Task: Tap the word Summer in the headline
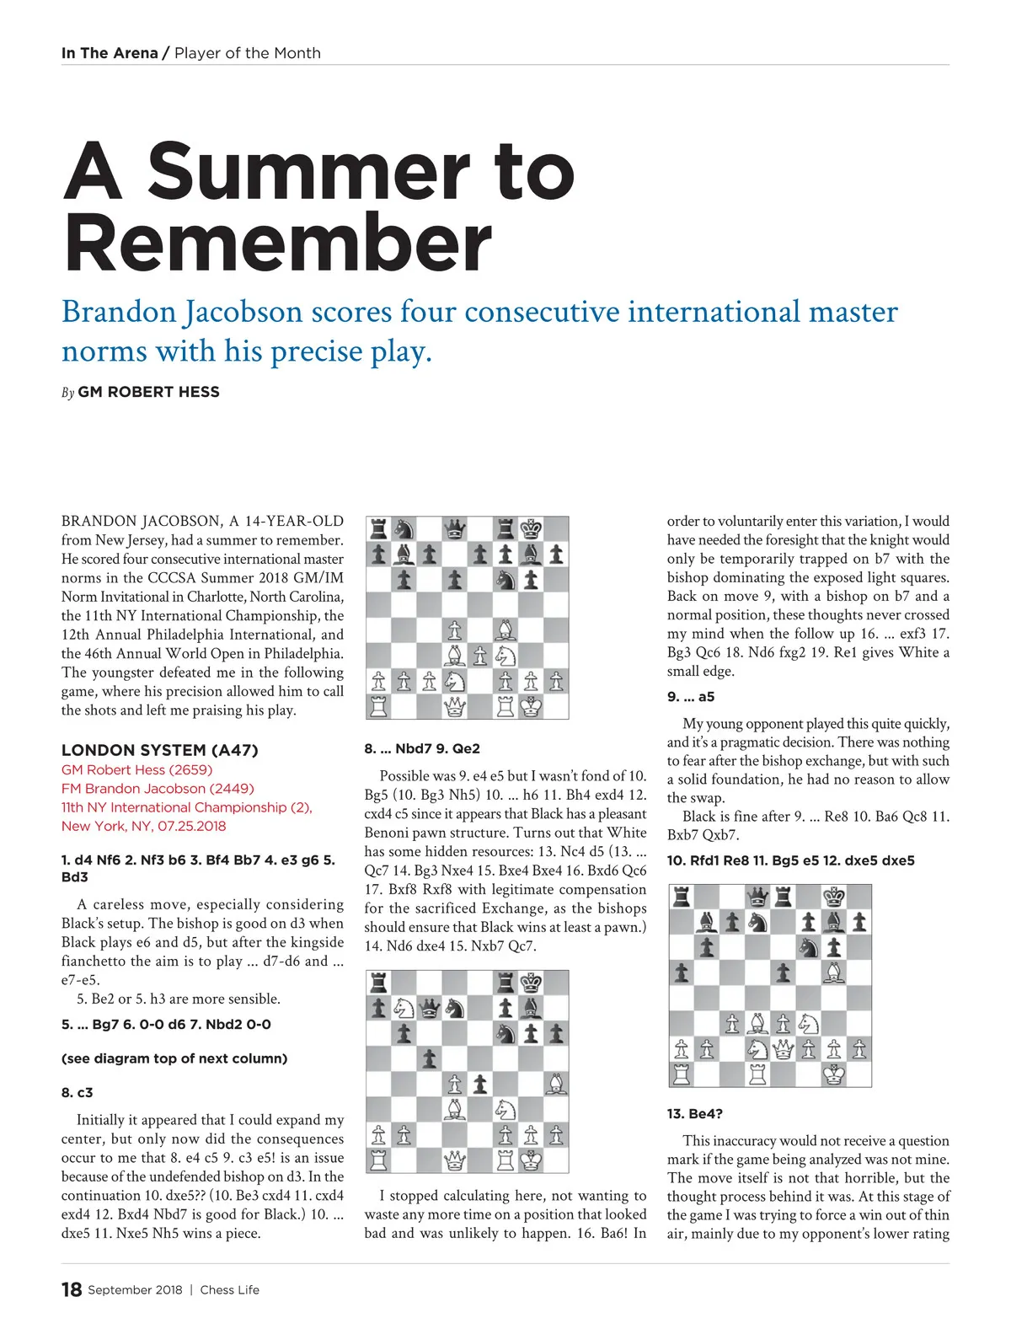pyautogui.click(x=308, y=171)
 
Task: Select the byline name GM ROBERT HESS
pyautogui.click(x=148, y=392)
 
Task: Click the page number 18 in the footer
pyautogui.click(x=72, y=1289)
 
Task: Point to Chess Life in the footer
pyautogui.click(x=229, y=1290)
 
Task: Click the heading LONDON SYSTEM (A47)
pyautogui.click(x=159, y=750)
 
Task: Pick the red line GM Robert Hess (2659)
pyautogui.click(x=136, y=769)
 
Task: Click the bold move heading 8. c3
pyautogui.click(x=78, y=1092)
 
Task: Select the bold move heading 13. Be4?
pyautogui.click(x=694, y=1113)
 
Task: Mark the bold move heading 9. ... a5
pyautogui.click(x=691, y=697)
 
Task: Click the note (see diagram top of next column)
pyautogui.click(x=174, y=1058)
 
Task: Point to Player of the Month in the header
pyautogui.click(x=248, y=53)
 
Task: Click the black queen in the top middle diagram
pyautogui.click(x=455, y=529)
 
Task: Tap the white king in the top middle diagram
pyautogui.click(x=531, y=706)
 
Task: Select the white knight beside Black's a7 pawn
pyautogui.click(x=404, y=1008)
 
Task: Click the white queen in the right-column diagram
pyautogui.click(x=784, y=1049)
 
